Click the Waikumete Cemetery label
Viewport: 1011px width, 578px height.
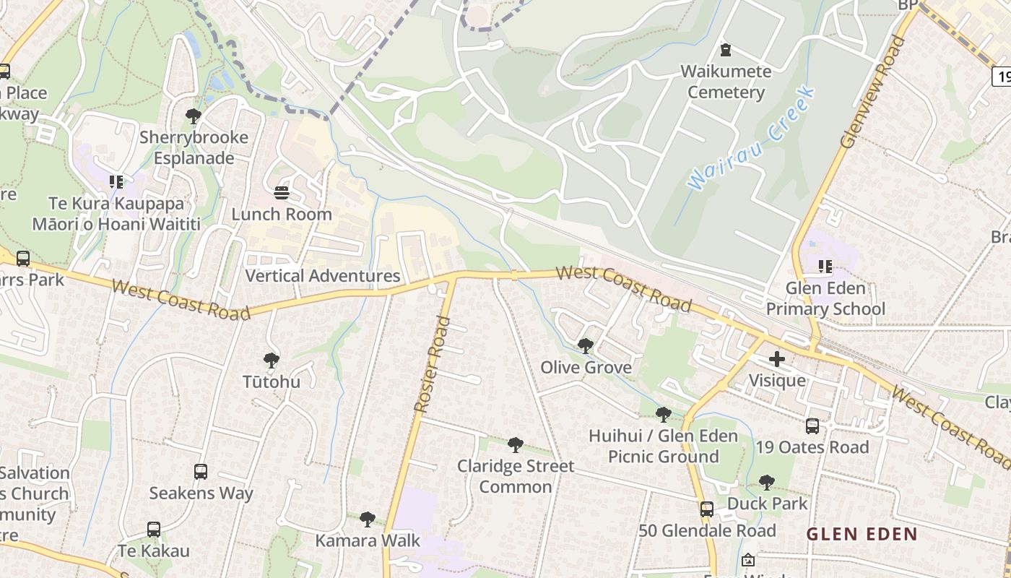click(x=726, y=82)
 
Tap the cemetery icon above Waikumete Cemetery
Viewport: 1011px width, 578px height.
click(x=726, y=50)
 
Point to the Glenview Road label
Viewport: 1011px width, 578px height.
click(x=873, y=93)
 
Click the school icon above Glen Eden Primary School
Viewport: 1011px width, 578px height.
click(x=825, y=266)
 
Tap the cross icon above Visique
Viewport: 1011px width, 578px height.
click(x=777, y=359)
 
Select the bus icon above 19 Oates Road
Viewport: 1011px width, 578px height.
click(x=812, y=426)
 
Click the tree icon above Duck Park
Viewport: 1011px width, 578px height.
click(x=767, y=482)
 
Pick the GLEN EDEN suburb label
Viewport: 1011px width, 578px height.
click(x=862, y=535)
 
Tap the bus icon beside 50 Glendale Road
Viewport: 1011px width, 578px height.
click(x=707, y=509)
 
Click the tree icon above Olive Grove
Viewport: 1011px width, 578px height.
click(x=586, y=346)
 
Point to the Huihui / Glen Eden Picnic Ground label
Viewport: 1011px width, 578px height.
click(x=663, y=447)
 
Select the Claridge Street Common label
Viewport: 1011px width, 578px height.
click(x=516, y=476)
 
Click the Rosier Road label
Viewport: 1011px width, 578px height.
click(x=433, y=365)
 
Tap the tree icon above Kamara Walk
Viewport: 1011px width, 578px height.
click(x=368, y=519)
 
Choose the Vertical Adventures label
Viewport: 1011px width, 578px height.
click(x=322, y=276)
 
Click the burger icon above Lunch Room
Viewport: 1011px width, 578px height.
click(x=282, y=193)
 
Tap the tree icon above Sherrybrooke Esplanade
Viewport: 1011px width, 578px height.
click(x=193, y=116)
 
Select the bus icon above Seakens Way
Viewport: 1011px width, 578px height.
click(x=201, y=472)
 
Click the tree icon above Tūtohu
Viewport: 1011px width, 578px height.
click(x=272, y=360)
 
